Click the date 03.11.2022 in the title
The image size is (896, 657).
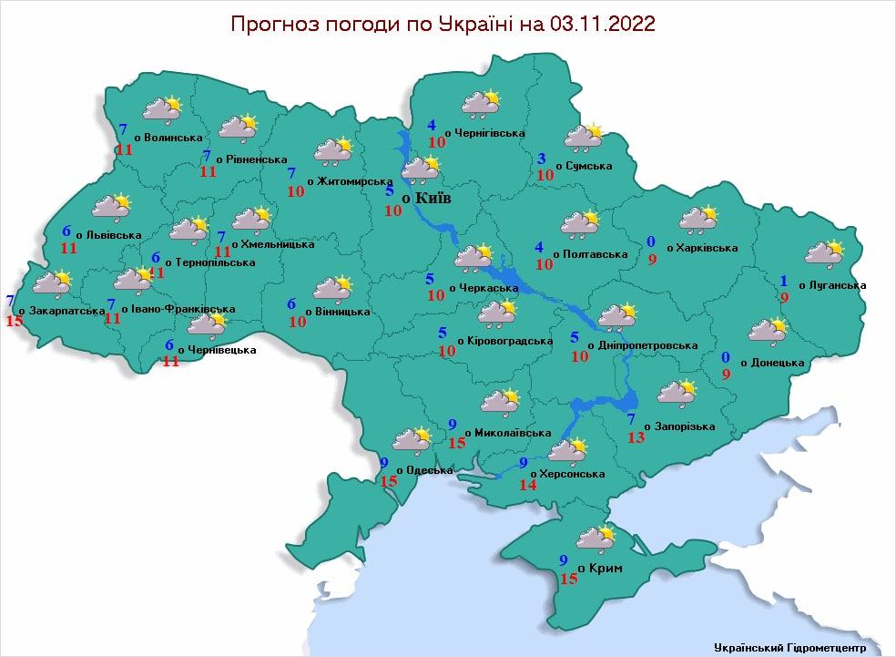coord(602,24)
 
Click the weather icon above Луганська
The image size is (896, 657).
coord(823,253)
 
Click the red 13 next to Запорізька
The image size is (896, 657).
coord(636,438)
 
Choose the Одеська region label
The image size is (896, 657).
coord(429,470)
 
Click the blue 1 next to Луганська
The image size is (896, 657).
coord(783,280)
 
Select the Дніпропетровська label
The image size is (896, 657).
coord(648,346)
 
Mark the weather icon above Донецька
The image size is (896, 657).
coord(767,330)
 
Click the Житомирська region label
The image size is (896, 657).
coord(354,181)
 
